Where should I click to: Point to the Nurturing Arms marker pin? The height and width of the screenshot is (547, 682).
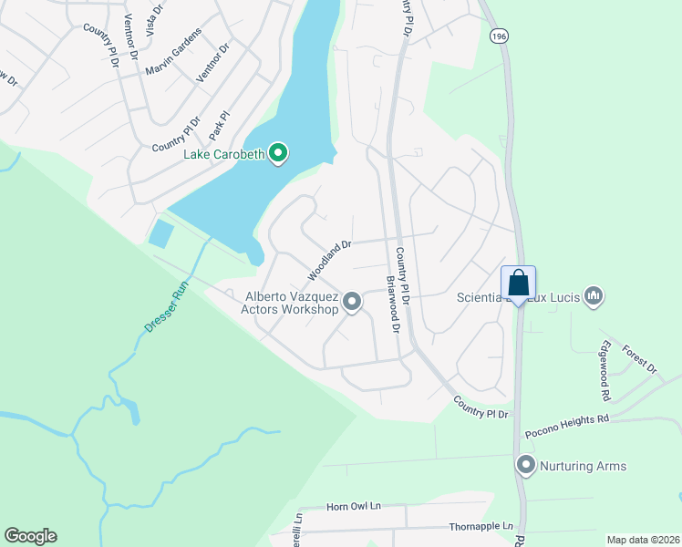[525, 465]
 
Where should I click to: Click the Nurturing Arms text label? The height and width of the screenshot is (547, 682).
[584, 466]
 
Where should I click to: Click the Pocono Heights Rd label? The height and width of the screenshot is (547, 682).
[565, 418]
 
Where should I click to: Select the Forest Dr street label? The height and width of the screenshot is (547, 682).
[639, 358]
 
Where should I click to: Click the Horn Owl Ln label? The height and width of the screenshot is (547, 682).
[353, 506]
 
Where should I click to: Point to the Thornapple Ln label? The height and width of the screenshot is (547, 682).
[481, 527]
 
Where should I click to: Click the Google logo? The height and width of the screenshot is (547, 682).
[30, 536]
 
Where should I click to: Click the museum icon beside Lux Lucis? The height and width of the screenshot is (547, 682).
[594, 294]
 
